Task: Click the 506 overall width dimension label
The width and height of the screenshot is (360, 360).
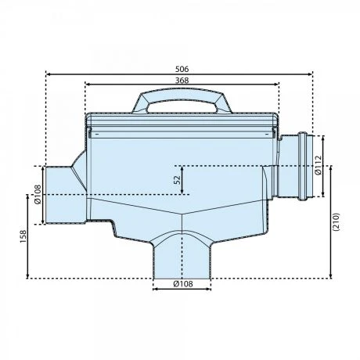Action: [x=182, y=69]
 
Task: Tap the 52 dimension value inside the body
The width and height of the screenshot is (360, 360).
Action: [x=178, y=179]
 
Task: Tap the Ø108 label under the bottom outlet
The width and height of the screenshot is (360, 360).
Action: [x=182, y=284]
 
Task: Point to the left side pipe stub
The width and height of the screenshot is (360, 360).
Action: [x=61, y=194]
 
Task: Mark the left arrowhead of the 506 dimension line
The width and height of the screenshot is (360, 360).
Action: [x=49, y=75]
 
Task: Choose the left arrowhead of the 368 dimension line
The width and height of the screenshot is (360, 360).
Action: [x=86, y=85]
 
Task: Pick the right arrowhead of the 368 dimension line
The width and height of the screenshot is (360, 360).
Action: [x=277, y=85]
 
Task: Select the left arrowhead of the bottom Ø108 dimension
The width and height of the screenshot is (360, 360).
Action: [x=153, y=290]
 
